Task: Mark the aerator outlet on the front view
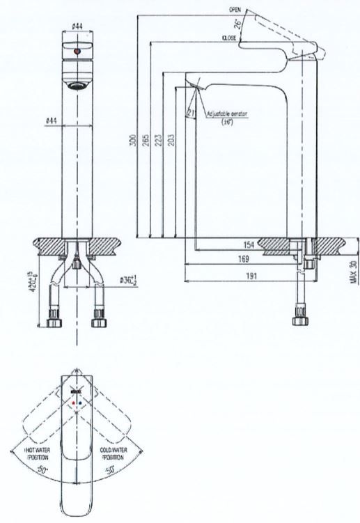pyautogui.click(x=78, y=86)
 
